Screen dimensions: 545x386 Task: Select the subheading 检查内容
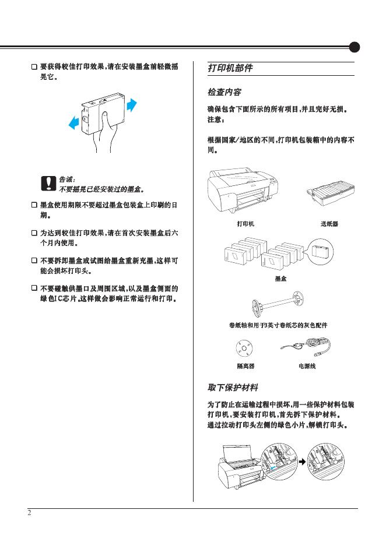click(225, 93)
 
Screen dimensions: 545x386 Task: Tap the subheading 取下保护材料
click(233, 388)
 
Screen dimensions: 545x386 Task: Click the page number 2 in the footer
click(29, 513)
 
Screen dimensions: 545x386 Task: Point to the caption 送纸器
click(329, 223)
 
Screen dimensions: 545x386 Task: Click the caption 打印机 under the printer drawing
click(245, 223)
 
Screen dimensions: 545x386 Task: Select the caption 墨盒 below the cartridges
click(280, 279)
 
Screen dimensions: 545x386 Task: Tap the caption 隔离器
click(245, 366)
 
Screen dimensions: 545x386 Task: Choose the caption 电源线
click(307, 366)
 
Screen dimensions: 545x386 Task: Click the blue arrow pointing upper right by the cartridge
click(131, 104)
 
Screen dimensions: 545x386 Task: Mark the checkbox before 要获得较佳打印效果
click(34, 67)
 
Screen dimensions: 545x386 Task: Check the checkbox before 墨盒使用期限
click(34, 206)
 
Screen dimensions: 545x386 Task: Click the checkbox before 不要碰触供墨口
click(34, 288)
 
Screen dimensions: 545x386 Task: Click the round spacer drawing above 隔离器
click(243, 349)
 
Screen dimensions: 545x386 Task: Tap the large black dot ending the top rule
click(355, 47)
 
